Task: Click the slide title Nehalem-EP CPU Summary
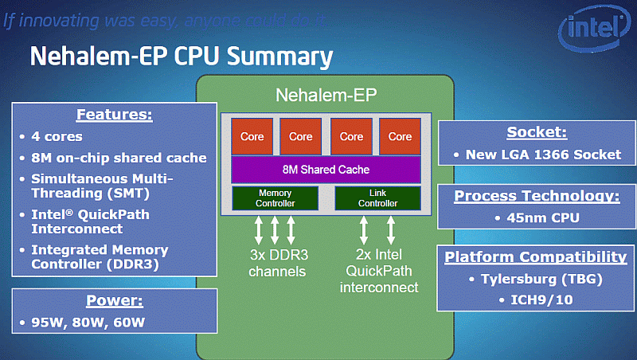pyautogui.click(x=181, y=57)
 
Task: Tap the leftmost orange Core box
pyautogui.click(x=252, y=136)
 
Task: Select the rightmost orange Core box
pyautogui.click(x=400, y=136)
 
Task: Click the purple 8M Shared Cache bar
pyautogui.click(x=326, y=170)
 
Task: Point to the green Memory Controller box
pyautogui.click(x=276, y=198)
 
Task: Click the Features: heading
pyautogui.click(x=114, y=114)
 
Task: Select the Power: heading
pyautogui.click(x=114, y=301)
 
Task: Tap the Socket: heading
pyautogui.click(x=535, y=132)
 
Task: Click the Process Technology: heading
pyautogui.click(x=535, y=196)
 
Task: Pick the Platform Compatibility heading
pyautogui.click(x=535, y=257)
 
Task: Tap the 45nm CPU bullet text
pyautogui.click(x=535, y=217)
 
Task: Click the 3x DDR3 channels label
pyautogui.click(x=276, y=264)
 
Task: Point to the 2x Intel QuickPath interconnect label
pyautogui.click(x=379, y=272)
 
